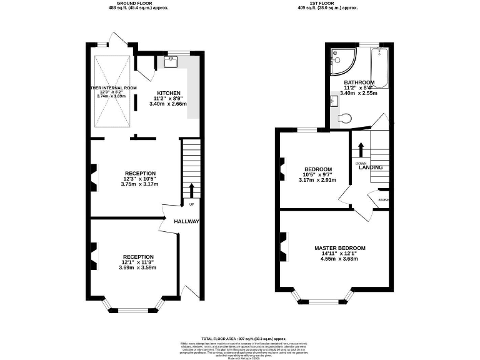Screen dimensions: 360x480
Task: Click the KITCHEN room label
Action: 169,91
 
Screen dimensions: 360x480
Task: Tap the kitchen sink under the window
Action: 171,61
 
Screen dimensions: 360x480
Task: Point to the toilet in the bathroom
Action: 344,117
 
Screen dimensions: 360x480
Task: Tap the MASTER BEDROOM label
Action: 339,248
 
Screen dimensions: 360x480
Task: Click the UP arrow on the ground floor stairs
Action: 191,191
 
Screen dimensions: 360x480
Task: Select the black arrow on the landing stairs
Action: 361,150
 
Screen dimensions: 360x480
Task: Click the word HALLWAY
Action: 186,221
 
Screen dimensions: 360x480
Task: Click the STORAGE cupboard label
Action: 383,200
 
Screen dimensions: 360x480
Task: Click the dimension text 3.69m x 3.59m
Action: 138,267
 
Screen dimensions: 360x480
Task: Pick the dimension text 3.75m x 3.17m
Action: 139,184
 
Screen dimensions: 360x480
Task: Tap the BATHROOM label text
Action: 359,82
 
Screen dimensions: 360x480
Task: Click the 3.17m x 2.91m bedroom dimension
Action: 317,180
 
